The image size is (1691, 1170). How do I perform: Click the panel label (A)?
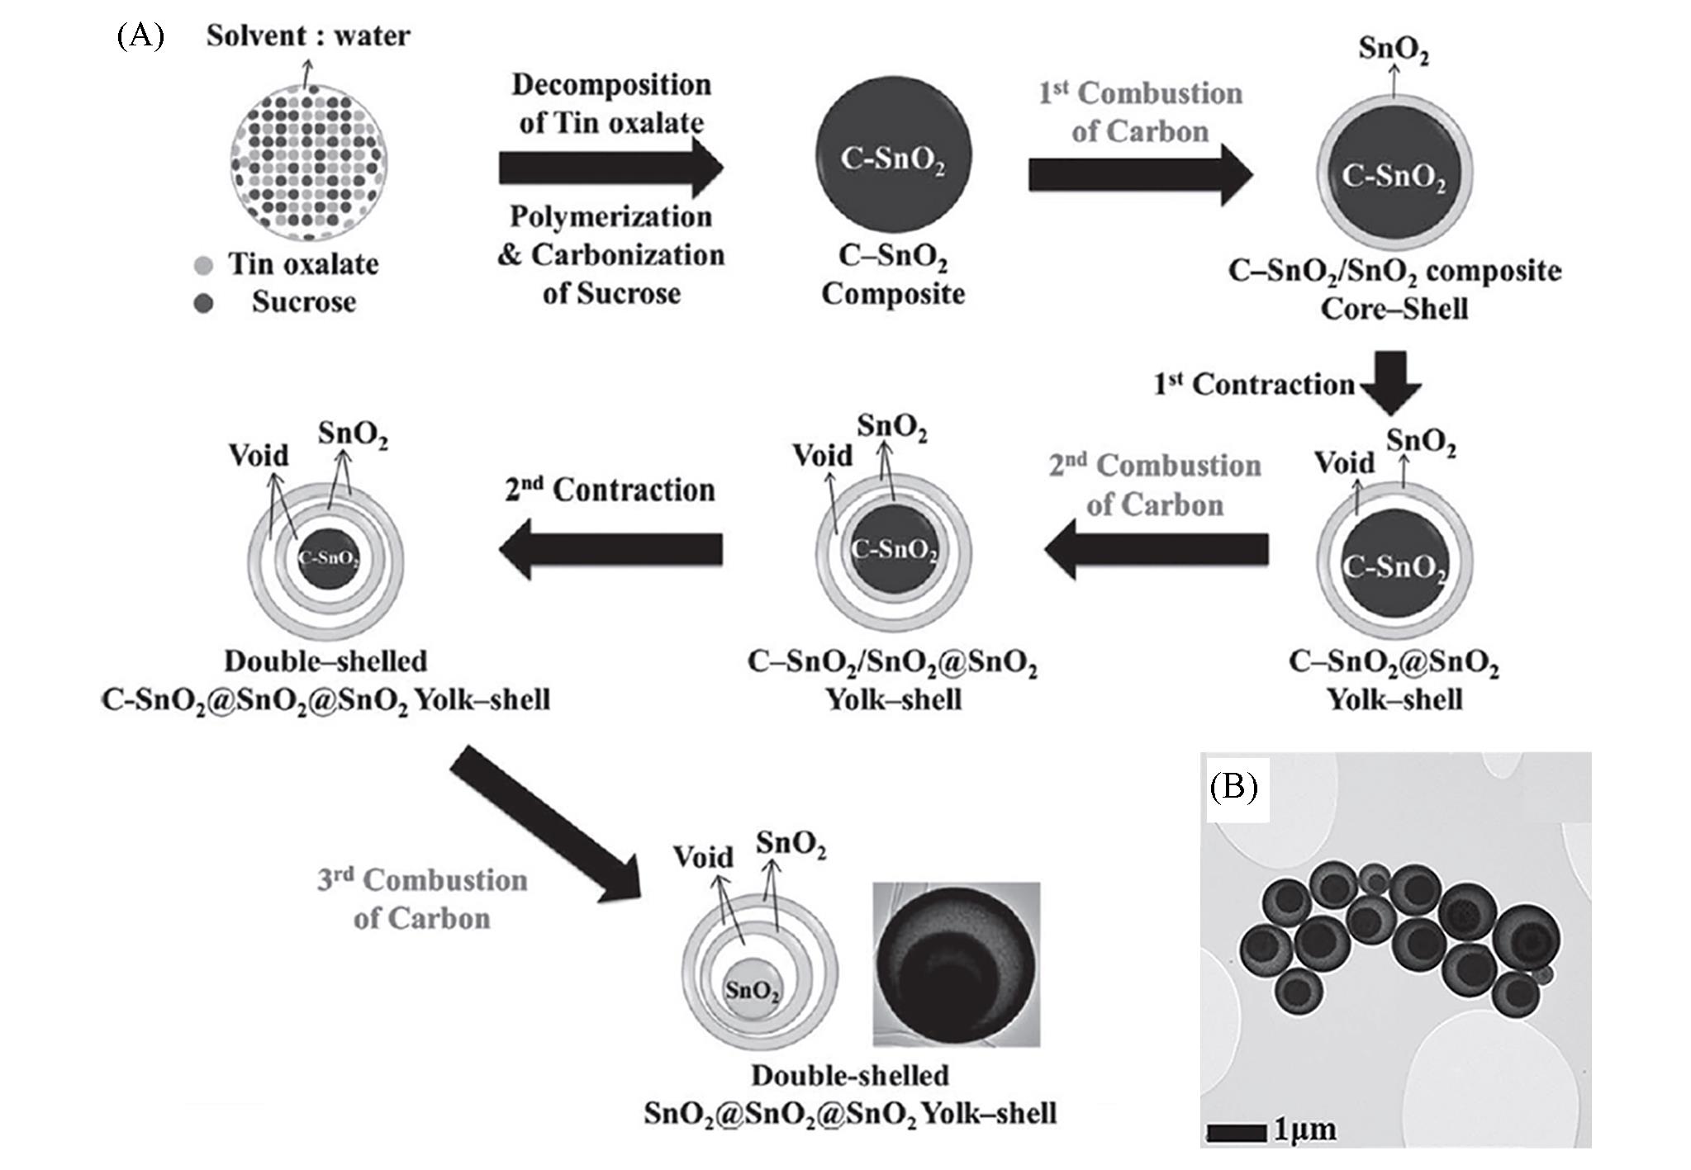[140, 36]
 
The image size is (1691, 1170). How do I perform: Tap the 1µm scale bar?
[1237, 1133]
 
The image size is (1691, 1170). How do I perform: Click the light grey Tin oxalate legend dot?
[203, 265]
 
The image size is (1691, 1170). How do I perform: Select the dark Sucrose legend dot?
[203, 303]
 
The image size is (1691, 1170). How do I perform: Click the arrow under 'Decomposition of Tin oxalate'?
[611, 168]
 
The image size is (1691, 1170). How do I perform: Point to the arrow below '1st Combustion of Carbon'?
[1140, 174]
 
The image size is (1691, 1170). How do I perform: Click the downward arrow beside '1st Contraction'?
[1392, 382]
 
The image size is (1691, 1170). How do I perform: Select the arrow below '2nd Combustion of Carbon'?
[1157, 549]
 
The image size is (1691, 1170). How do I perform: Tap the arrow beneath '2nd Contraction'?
[611, 549]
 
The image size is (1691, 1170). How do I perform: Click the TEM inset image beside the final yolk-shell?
[957, 964]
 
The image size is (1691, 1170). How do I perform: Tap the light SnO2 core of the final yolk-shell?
[752, 989]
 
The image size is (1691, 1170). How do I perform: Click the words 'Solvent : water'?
[308, 36]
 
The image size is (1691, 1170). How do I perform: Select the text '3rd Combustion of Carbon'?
[422, 899]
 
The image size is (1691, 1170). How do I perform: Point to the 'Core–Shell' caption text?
[1394, 309]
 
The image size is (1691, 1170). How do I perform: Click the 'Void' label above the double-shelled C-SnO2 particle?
[259, 455]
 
